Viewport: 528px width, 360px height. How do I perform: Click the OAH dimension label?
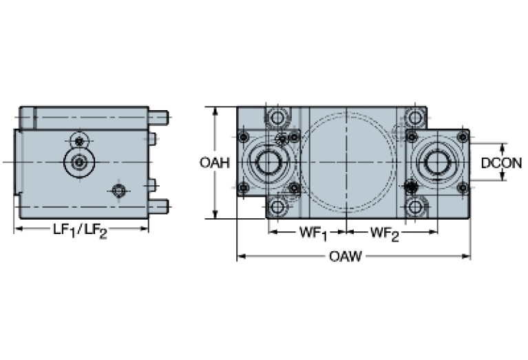pyautogui.click(x=214, y=163)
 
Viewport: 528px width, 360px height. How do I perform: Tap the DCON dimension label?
pyautogui.click(x=501, y=163)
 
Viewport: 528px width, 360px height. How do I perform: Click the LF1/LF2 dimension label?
pyautogui.click(x=81, y=232)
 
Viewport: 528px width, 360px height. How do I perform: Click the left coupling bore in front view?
pyautogui.click(x=268, y=162)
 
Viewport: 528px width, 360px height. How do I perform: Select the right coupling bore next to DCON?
pyautogui.click(x=437, y=162)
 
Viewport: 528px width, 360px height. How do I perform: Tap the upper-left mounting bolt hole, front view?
pyautogui.click(x=277, y=118)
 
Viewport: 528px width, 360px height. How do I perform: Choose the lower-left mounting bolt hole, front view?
pyautogui.click(x=277, y=207)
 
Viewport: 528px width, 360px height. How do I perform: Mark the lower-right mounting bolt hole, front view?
pyautogui.click(x=414, y=207)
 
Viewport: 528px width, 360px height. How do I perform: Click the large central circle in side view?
pyautogui.click(x=80, y=162)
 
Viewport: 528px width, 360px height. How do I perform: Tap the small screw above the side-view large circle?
pyautogui.click(x=80, y=141)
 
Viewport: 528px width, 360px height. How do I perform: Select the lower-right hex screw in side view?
pyautogui.click(x=119, y=191)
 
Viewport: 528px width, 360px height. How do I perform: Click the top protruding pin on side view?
pyautogui.click(x=158, y=115)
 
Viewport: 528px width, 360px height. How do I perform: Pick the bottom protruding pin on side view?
pyautogui.click(x=158, y=204)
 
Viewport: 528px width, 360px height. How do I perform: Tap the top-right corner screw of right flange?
pyautogui.click(x=463, y=138)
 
